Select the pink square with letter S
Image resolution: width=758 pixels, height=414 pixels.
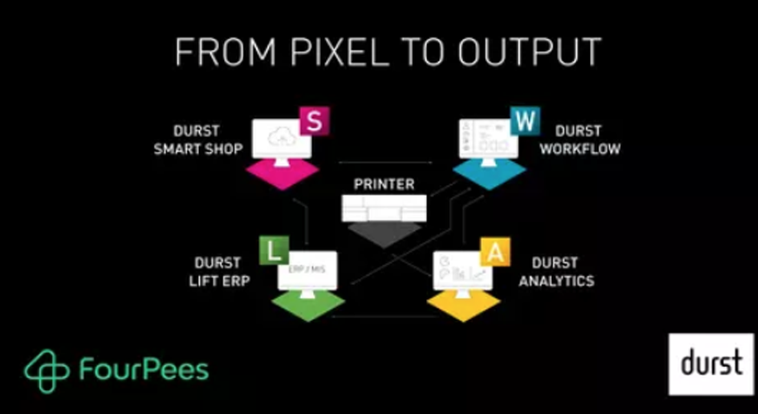tap(314, 121)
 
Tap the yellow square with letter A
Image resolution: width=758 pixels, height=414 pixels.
tap(495, 251)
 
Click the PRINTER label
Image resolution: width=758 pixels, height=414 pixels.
tap(384, 185)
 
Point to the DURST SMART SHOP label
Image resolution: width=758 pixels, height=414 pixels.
tap(198, 139)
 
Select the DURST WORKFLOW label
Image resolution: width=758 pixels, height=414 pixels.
tap(580, 139)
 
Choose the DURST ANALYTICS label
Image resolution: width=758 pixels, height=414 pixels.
tap(556, 272)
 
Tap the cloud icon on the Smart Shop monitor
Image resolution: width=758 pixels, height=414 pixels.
tap(283, 137)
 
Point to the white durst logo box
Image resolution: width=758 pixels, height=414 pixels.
tap(711, 364)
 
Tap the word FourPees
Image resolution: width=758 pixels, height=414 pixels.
tap(143, 370)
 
